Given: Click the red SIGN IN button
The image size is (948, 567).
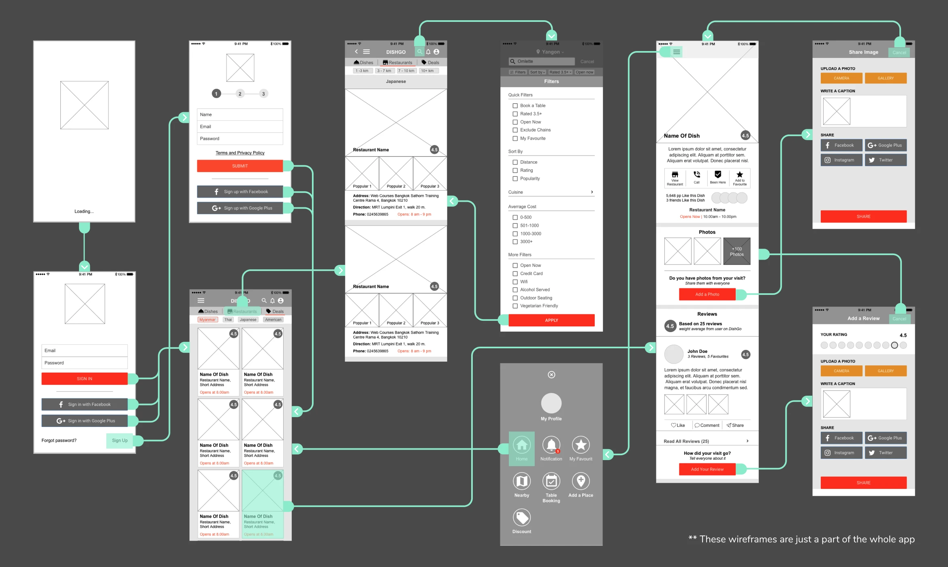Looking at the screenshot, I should pyautogui.click(x=84, y=379).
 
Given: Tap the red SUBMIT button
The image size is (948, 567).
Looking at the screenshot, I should pyautogui.click(x=240, y=166).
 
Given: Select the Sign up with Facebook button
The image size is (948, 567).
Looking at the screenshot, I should pyautogui.click(x=240, y=192).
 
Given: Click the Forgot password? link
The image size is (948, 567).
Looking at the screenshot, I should pyautogui.click(x=59, y=440).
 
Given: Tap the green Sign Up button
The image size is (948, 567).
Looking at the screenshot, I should pyautogui.click(x=120, y=440).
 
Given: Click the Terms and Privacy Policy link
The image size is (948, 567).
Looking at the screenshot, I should pyautogui.click(x=240, y=153).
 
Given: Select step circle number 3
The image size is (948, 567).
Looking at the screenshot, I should pyautogui.click(x=263, y=94).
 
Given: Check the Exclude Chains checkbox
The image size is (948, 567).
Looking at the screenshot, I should pyautogui.click(x=515, y=130).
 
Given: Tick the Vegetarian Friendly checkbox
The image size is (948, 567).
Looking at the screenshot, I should pyautogui.click(x=515, y=306).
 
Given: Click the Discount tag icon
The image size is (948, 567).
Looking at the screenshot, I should pyautogui.click(x=522, y=518).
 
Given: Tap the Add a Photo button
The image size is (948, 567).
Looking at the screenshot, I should pyautogui.click(x=707, y=294).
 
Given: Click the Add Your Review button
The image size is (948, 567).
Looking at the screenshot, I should pyautogui.click(x=707, y=469).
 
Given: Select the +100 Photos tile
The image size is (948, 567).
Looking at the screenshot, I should pyautogui.click(x=737, y=252).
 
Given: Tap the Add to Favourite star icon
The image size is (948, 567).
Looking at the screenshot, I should pyautogui.click(x=739, y=175).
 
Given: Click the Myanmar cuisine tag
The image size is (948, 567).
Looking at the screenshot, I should pyautogui.click(x=207, y=320).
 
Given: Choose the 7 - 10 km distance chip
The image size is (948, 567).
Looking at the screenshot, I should pyautogui.click(x=406, y=71).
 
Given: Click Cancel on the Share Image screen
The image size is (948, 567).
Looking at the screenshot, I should pyautogui.click(x=899, y=52).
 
